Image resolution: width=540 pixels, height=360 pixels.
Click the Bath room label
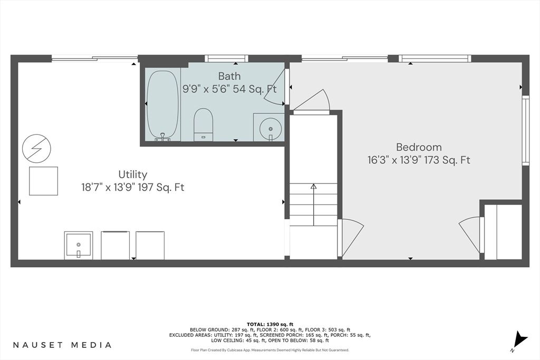click(x=229, y=76)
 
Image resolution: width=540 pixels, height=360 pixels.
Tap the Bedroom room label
click(x=419, y=147)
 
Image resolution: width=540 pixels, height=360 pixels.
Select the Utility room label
click(x=132, y=174)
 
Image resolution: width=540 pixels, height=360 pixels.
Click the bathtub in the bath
click(x=163, y=105)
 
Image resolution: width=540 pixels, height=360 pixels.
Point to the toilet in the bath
click(x=203, y=124)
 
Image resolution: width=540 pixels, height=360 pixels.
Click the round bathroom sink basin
click(x=271, y=129)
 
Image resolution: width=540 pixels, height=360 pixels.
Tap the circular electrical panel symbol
click(x=36, y=149)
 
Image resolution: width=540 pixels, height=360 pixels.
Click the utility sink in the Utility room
click(x=79, y=246)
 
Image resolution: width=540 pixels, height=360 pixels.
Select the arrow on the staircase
click(x=313, y=205)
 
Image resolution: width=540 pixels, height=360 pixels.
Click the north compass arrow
click(x=519, y=340)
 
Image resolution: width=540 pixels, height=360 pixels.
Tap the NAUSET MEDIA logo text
click(x=62, y=345)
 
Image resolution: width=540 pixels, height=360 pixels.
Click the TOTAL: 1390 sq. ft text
click(x=270, y=324)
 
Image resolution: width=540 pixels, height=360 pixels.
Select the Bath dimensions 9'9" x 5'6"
click(x=207, y=90)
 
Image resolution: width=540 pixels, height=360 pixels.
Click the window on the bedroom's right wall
click(x=526, y=131)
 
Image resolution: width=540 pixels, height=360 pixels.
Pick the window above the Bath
click(x=226, y=59)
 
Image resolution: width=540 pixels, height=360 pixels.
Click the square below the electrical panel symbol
click(x=43, y=181)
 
